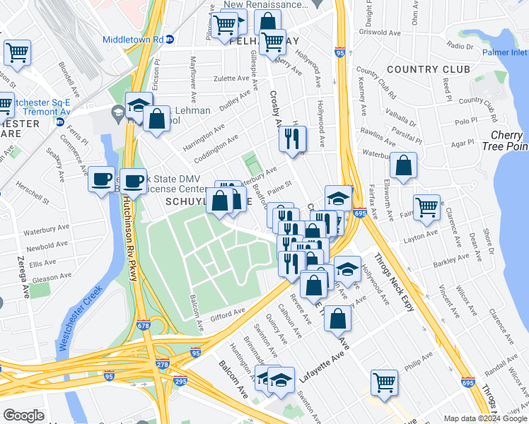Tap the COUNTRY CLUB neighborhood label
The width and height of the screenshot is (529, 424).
pyautogui.click(x=428, y=69)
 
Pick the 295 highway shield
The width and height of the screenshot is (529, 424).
pyautogui.click(x=180, y=382)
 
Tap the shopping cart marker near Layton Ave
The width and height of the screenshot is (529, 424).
pyautogui.click(x=426, y=207)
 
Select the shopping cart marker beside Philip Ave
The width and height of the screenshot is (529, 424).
pyautogui.click(x=384, y=382)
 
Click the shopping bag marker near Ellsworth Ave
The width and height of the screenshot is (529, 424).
pyautogui.click(x=402, y=167)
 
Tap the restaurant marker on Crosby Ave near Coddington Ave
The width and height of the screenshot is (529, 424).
pyautogui.click(x=292, y=139)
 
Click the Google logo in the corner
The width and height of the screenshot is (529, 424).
pyautogui.click(x=23, y=415)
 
